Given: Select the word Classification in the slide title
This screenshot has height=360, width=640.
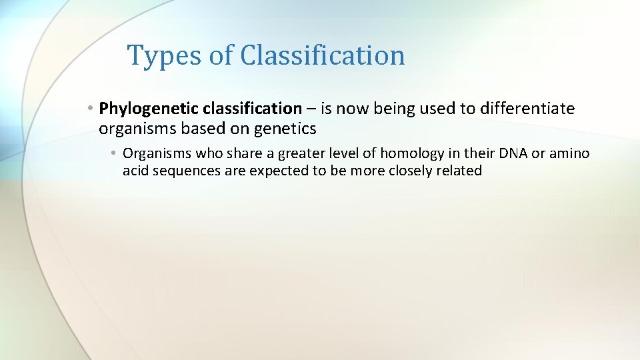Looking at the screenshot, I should (323, 55).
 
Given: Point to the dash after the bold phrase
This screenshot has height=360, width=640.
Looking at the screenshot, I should (311, 109).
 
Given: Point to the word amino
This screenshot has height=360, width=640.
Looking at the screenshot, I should (569, 154).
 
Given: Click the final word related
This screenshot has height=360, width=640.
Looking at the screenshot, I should (460, 171).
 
